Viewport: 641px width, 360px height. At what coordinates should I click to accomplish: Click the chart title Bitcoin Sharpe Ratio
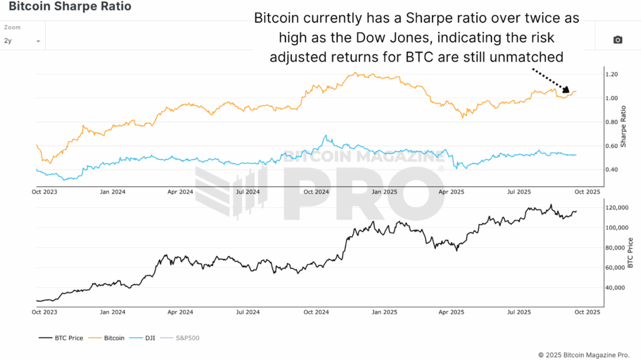[70, 8]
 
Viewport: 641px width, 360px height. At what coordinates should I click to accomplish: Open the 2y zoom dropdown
[22, 41]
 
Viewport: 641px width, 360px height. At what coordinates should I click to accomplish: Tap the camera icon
[617, 40]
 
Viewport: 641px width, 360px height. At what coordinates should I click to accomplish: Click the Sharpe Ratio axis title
[623, 122]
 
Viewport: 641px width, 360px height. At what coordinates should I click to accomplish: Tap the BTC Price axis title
[630, 253]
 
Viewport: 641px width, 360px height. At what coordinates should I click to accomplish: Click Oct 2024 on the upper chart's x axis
[316, 191]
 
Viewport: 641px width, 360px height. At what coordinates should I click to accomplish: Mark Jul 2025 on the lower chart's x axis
[519, 311]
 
